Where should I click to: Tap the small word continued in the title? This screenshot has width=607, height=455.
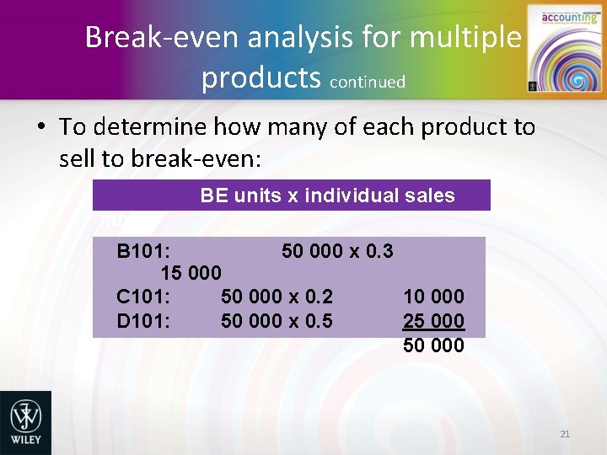click(368, 82)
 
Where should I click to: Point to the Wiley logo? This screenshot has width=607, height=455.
click(25, 420)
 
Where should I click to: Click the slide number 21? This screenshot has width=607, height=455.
click(565, 434)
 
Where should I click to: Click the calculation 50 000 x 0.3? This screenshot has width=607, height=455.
click(337, 250)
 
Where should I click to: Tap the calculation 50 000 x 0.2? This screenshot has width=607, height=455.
click(277, 296)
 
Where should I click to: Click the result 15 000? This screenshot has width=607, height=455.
click(191, 273)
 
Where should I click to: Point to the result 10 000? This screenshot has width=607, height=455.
click(433, 296)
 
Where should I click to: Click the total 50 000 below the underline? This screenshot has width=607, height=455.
click(433, 345)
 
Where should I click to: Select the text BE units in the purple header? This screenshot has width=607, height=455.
click(239, 195)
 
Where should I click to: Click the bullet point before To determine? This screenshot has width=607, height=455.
click(40, 128)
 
